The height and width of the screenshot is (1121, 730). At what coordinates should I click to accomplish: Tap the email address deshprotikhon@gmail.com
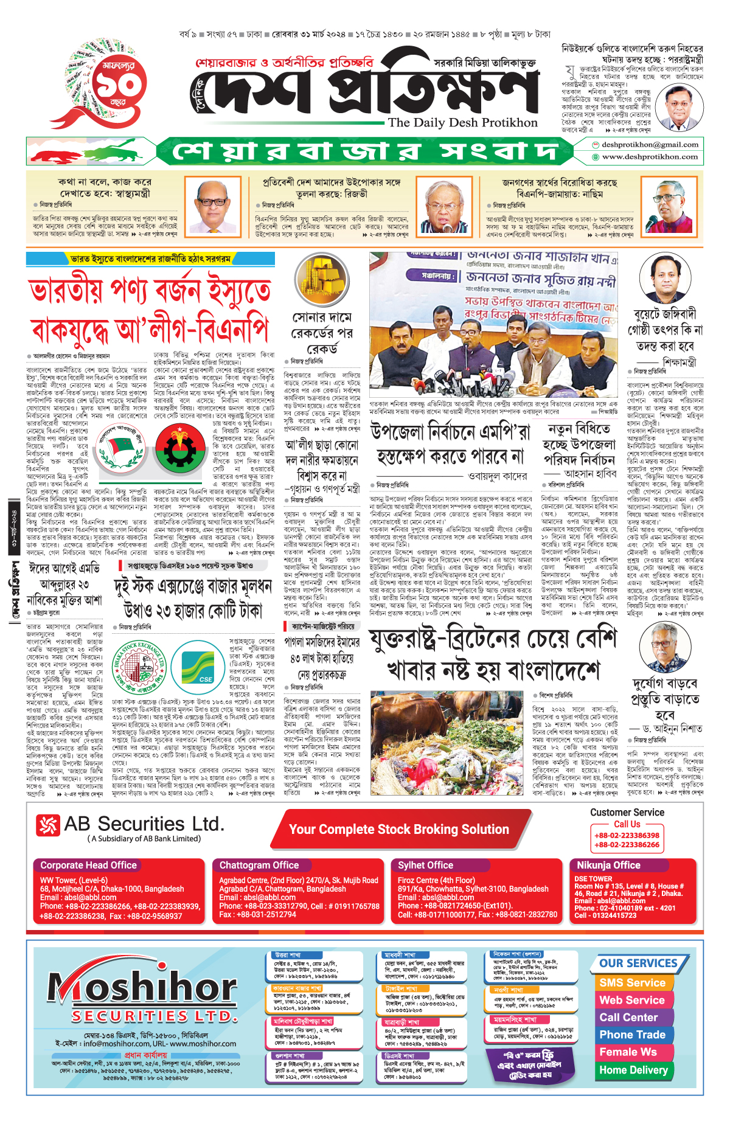click(650, 145)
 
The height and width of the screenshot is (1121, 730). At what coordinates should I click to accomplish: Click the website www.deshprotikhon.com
click(650, 157)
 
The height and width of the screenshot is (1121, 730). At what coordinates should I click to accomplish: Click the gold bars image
click(321, 280)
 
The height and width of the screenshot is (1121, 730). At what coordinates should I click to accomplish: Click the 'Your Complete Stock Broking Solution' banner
click(398, 830)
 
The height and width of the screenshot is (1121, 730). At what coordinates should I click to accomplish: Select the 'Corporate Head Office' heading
click(88, 865)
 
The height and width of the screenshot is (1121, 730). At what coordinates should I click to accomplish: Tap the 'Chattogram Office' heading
click(259, 865)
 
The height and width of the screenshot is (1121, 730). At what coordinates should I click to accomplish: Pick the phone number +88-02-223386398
click(627, 836)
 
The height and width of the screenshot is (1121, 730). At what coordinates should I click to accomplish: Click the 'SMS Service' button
click(632, 982)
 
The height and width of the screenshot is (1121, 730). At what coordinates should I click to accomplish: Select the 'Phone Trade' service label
click(632, 1035)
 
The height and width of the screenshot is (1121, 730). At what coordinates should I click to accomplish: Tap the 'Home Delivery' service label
click(633, 1070)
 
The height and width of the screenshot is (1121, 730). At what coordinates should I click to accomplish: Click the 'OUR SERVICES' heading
click(638, 963)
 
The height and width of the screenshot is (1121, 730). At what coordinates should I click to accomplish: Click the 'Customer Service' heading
click(627, 813)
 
